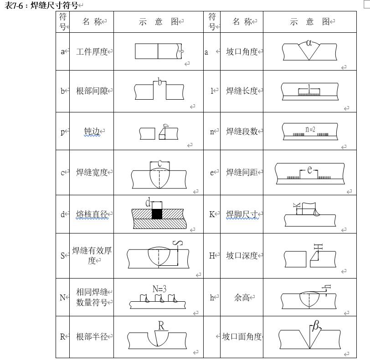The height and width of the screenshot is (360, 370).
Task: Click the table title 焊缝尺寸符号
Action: (54, 5)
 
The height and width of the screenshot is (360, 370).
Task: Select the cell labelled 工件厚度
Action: (92, 51)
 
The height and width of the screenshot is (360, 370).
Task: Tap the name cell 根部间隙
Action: (92, 91)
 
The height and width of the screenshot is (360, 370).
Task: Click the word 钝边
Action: (92, 132)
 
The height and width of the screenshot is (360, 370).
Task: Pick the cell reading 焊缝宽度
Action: (92, 172)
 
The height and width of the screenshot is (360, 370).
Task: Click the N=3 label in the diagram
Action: (159, 289)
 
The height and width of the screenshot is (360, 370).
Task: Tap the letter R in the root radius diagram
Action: (161, 325)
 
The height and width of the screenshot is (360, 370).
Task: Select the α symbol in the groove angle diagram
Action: (309, 43)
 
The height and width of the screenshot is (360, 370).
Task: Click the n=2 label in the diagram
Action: (310, 129)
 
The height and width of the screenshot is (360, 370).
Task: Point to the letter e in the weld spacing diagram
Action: (310, 169)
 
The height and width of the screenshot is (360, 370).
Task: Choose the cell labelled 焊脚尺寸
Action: (242, 214)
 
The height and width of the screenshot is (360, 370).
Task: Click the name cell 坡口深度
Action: (242, 256)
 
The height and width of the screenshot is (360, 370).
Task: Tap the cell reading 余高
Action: (242, 298)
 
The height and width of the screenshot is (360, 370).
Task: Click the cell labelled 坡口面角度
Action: (242, 337)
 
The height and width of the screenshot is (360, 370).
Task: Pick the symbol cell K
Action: (212, 214)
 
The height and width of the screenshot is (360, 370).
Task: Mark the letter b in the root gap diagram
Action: (159, 82)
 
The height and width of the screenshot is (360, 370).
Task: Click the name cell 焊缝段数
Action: (242, 132)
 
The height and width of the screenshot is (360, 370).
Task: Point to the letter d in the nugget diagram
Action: (148, 203)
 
